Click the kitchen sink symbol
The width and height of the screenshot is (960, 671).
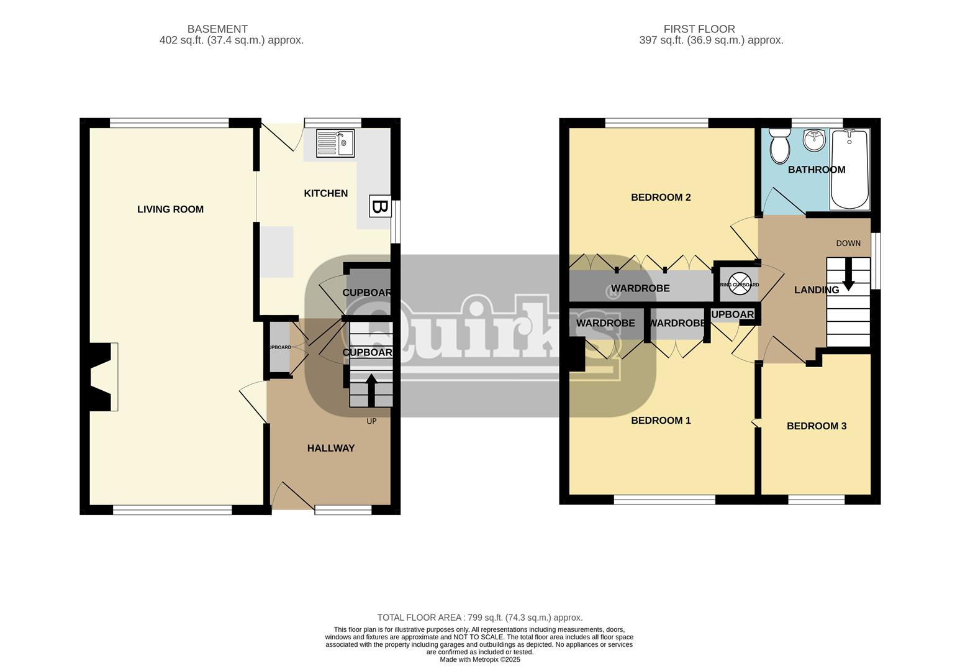(x=335, y=144)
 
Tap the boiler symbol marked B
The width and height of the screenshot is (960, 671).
(x=379, y=206)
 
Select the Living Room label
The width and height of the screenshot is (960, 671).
(x=170, y=209)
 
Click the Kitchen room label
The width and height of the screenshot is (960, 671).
(x=325, y=193)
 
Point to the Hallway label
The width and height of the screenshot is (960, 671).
(x=330, y=448)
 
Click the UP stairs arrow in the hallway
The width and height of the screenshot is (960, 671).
(x=371, y=389)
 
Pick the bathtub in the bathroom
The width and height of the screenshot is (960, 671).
(x=850, y=169)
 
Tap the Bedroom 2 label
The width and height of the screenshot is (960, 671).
(x=661, y=198)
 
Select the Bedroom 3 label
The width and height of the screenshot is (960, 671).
(x=816, y=426)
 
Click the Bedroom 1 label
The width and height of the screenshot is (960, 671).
(x=661, y=421)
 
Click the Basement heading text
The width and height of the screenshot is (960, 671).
(x=217, y=29)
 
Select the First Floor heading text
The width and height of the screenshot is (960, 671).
(x=699, y=29)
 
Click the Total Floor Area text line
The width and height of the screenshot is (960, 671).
(x=479, y=618)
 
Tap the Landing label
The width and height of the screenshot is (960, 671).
(x=816, y=290)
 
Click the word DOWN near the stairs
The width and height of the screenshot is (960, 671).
(x=848, y=244)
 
